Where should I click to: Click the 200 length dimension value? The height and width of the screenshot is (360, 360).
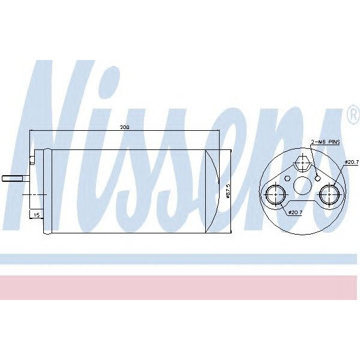[x=125, y=128]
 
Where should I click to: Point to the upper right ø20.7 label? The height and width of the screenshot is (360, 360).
[x=352, y=163]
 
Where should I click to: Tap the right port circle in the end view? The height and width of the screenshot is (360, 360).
[x=329, y=194]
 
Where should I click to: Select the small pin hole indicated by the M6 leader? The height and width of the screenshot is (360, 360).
[x=318, y=178]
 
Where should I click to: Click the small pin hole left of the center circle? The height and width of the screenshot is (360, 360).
[x=289, y=178]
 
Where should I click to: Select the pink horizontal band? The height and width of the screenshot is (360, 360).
[x=180, y=287]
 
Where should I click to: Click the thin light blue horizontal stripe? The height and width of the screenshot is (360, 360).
[x=180, y=259]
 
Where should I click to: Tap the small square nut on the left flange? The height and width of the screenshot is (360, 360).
[x=32, y=161]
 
